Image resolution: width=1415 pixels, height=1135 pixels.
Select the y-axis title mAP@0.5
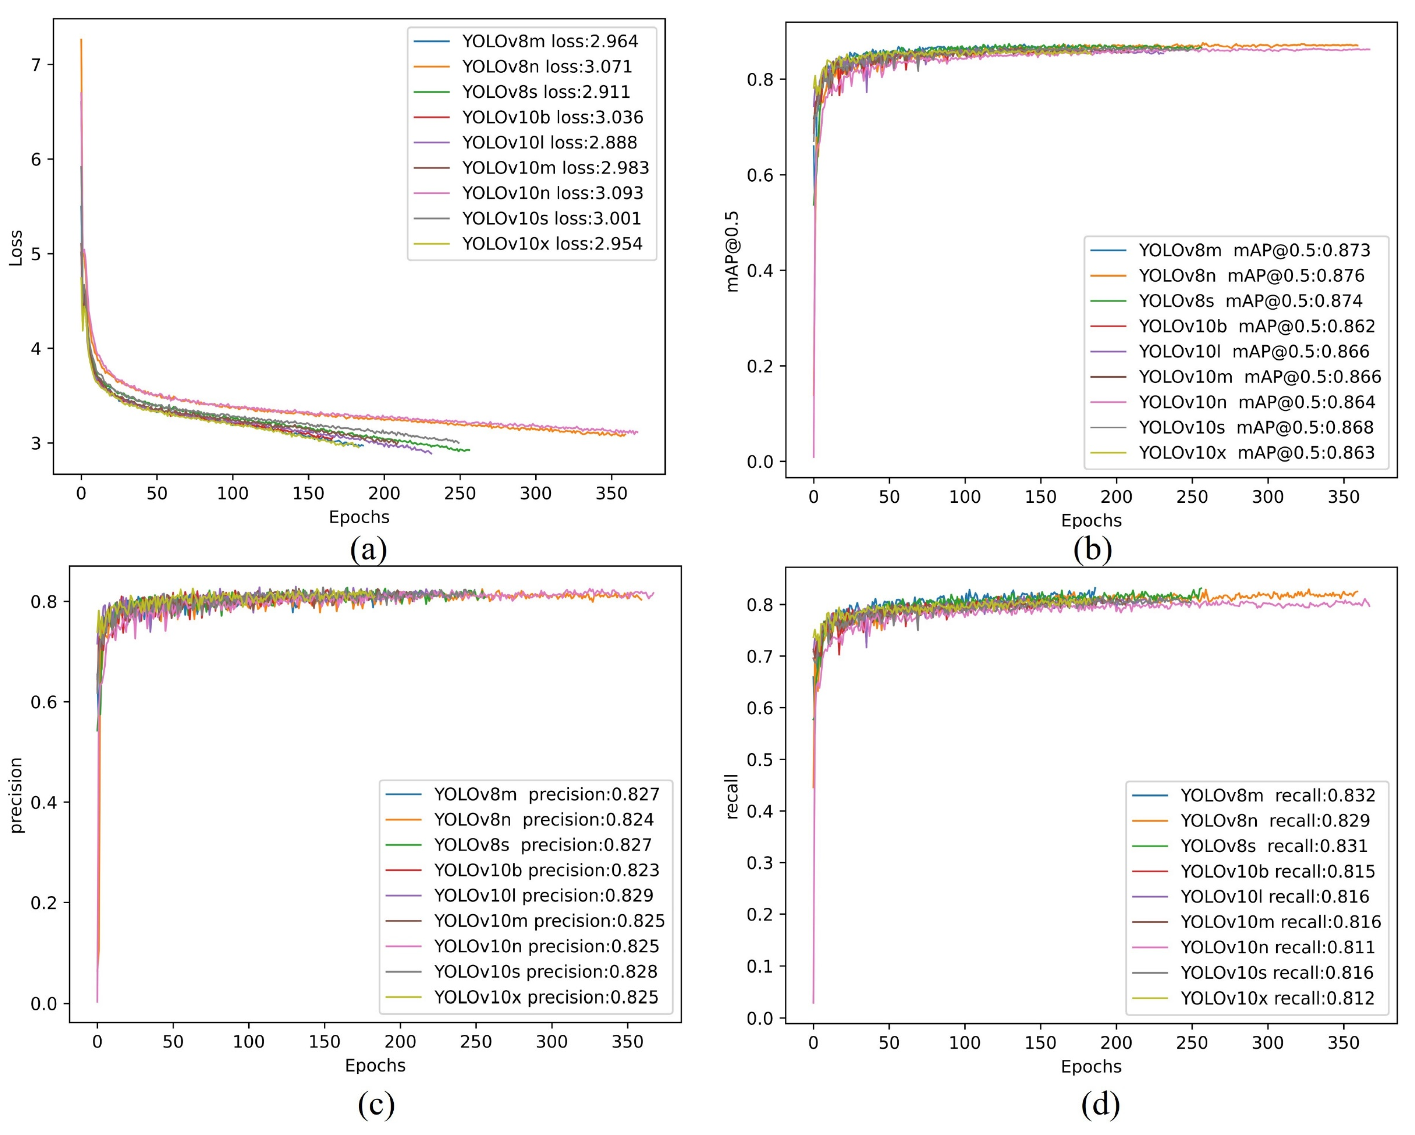(x=733, y=252)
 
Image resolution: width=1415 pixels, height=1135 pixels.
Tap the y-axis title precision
(x=16, y=795)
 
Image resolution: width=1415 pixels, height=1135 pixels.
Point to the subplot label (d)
(x=1100, y=1105)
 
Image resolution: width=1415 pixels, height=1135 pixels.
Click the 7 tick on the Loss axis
(x=36, y=65)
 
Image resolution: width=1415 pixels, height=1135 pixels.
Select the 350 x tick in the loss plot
(x=611, y=494)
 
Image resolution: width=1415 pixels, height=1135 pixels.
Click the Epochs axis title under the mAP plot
(x=1091, y=520)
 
